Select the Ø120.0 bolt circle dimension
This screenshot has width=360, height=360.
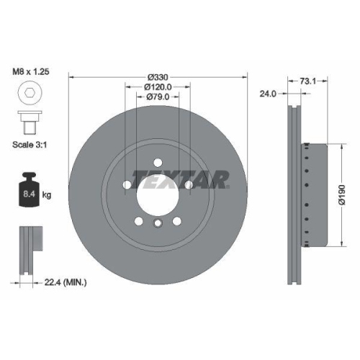(158, 87)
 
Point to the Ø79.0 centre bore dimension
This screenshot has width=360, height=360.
(158, 96)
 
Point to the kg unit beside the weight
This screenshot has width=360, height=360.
(47, 195)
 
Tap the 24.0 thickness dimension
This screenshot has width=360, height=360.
(269, 93)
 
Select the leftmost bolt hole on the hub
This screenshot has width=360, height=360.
(127, 186)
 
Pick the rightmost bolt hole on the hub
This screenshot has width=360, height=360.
(188, 186)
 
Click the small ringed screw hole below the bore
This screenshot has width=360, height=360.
(157, 225)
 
